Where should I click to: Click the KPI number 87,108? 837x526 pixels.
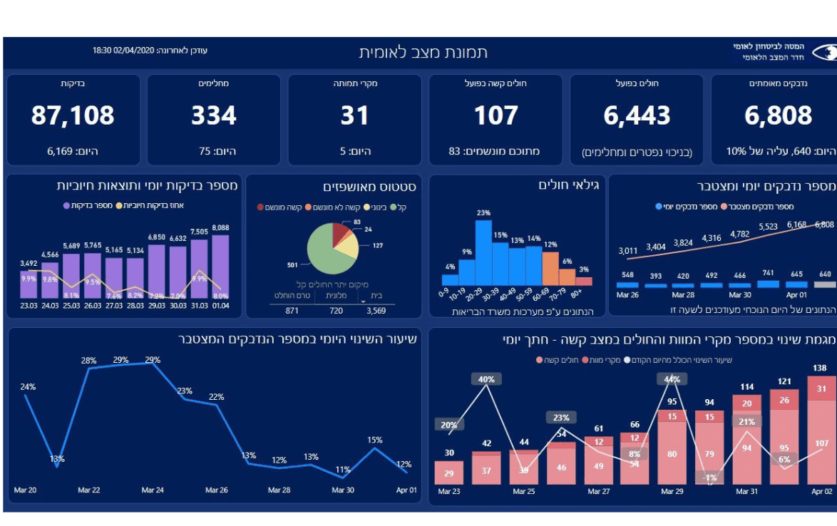(x=73, y=115)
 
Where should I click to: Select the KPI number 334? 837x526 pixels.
(x=213, y=115)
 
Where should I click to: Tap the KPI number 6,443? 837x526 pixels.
(x=637, y=115)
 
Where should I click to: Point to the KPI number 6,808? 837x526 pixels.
(x=778, y=115)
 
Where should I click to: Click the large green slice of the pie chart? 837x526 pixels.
(x=324, y=253)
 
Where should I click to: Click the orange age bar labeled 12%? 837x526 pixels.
(x=550, y=267)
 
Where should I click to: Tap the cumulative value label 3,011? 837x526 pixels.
(x=627, y=251)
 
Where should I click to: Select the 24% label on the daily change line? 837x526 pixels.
(x=28, y=387)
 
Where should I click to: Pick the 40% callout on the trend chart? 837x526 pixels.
(x=486, y=380)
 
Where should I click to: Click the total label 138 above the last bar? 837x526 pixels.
(x=821, y=368)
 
